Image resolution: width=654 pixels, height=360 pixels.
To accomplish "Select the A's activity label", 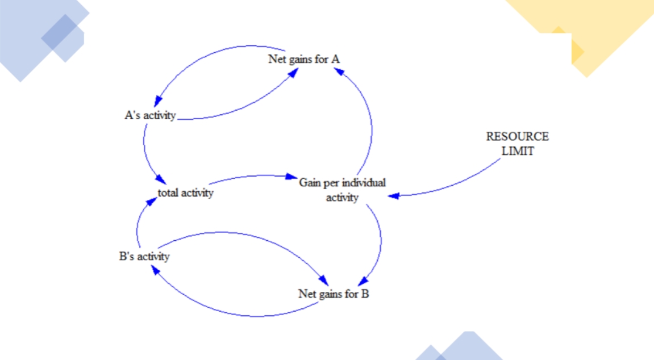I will click(x=150, y=115).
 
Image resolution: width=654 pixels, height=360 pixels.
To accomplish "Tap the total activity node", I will click(x=185, y=192).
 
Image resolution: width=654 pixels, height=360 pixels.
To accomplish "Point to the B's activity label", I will click(x=144, y=256).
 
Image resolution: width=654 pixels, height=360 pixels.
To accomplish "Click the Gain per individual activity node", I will click(x=342, y=190).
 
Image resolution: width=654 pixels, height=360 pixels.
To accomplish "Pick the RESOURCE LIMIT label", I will click(x=517, y=144).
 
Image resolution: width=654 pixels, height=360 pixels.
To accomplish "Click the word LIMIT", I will click(x=518, y=152).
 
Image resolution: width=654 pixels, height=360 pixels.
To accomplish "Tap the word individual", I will click(x=363, y=182).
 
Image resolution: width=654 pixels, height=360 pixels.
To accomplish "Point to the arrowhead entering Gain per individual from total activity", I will click(x=293, y=177).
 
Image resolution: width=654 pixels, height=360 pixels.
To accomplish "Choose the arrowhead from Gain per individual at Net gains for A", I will click(x=336, y=70).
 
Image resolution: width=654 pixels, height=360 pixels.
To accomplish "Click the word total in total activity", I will click(x=168, y=192).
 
